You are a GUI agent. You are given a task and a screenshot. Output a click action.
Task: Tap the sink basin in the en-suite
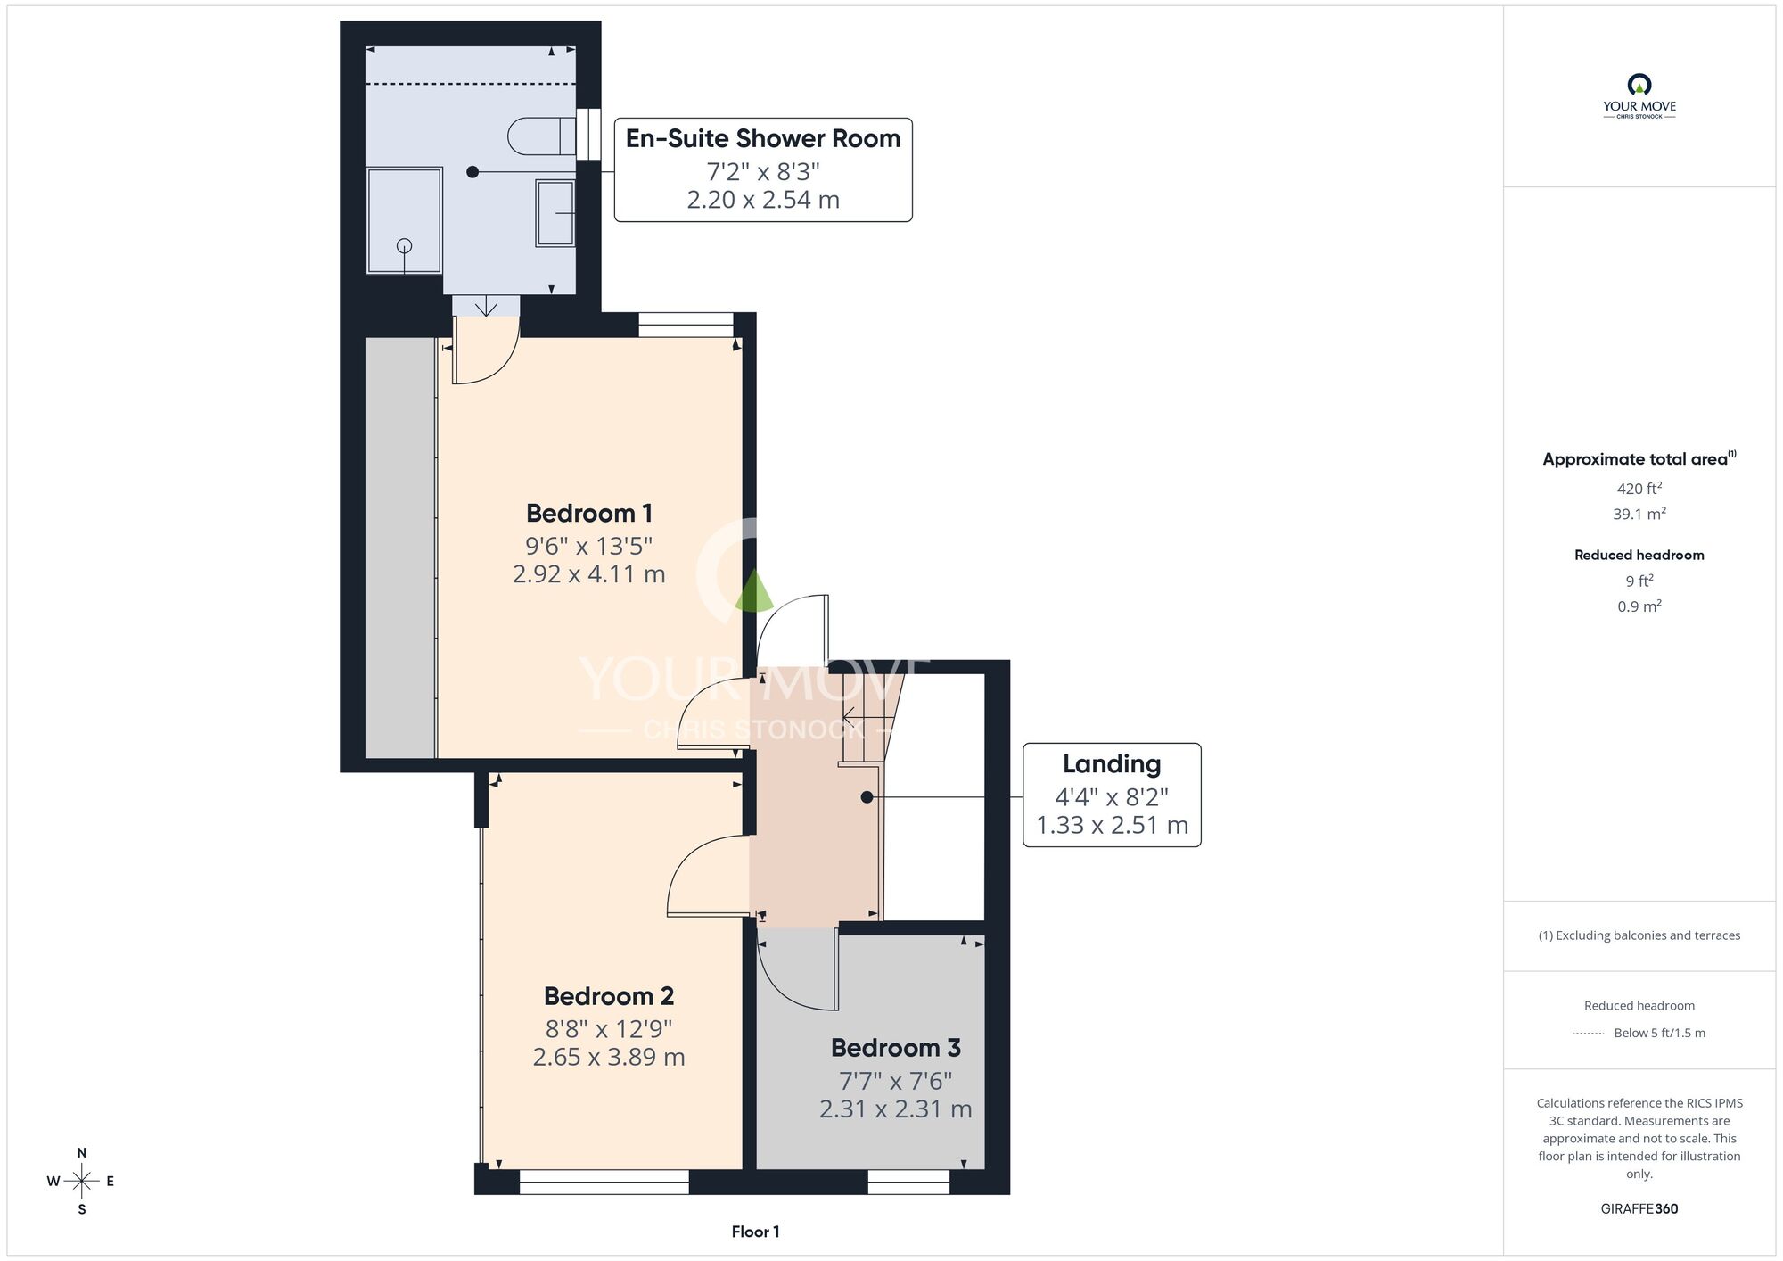click(555, 213)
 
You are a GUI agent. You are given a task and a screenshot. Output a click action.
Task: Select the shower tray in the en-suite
click(405, 221)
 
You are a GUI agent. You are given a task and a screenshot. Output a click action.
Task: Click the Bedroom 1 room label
click(589, 513)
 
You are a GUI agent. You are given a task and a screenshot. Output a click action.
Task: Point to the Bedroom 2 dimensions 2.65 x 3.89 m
click(609, 1057)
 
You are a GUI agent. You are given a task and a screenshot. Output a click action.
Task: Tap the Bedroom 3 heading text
click(896, 1047)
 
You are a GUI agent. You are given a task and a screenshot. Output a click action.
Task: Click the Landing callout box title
click(1112, 764)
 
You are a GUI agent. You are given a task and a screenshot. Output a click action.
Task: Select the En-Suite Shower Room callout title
click(763, 138)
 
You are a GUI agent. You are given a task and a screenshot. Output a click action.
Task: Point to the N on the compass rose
click(82, 1153)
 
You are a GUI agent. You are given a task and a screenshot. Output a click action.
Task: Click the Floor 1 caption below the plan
click(755, 1232)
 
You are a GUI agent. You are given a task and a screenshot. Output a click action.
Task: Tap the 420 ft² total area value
click(1639, 488)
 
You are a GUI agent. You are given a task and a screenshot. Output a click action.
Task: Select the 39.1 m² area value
click(1639, 514)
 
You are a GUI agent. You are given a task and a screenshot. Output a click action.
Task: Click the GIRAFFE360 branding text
click(1639, 1209)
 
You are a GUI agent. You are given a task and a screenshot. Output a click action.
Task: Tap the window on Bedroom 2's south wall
click(604, 1183)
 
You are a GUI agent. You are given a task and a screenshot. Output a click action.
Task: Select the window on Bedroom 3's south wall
click(908, 1183)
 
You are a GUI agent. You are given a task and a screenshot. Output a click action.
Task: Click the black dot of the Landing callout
click(867, 797)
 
